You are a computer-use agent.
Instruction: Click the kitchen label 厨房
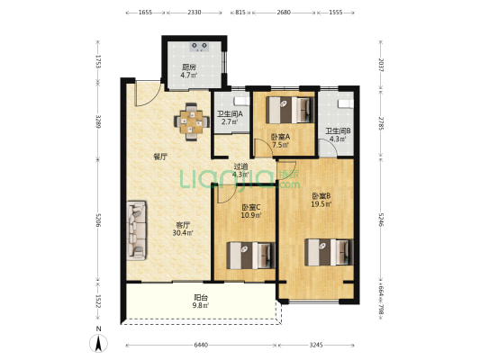point(188,67)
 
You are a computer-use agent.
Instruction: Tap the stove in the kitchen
point(200,47)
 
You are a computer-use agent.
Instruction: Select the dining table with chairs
point(192,121)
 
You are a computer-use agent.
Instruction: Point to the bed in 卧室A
point(290,110)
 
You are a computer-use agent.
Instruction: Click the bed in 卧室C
point(250,256)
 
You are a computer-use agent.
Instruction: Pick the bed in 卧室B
point(329,252)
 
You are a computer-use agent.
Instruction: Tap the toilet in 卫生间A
point(241,100)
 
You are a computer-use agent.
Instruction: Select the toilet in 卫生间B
point(346,103)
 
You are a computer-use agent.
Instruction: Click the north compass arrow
point(98,343)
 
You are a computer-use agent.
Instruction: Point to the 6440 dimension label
point(201,346)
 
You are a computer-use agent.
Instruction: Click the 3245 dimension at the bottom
point(316,346)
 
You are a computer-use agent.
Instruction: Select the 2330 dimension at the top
point(195,13)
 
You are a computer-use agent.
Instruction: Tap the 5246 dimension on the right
point(381,220)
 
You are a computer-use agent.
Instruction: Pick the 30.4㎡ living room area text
point(183,233)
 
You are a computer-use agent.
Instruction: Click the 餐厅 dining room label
point(160,157)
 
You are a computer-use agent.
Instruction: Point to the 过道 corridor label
point(240,166)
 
